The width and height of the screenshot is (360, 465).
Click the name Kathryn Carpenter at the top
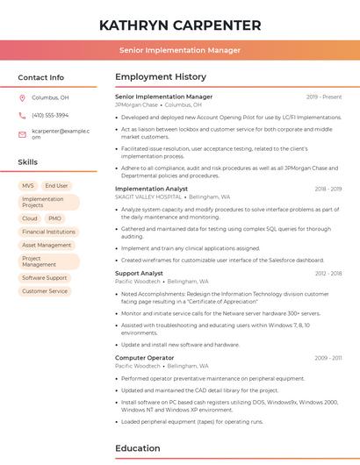[x=180, y=25]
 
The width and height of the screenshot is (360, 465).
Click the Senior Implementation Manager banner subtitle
[x=180, y=50]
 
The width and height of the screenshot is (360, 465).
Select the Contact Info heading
[x=41, y=77]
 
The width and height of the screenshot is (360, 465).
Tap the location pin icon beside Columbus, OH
[x=23, y=98]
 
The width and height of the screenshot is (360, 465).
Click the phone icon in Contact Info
[x=23, y=115]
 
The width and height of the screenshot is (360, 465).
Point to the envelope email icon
[x=23, y=134]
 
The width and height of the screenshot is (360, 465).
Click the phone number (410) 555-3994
[x=50, y=115]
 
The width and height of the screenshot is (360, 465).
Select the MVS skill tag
[x=28, y=186]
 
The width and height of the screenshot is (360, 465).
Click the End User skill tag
[x=56, y=186]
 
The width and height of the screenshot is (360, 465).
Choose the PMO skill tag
[x=54, y=218]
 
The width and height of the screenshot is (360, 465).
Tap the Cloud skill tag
[x=30, y=218]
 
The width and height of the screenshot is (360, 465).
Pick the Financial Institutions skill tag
[x=48, y=232]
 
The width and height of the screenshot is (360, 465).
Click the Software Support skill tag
[x=45, y=278]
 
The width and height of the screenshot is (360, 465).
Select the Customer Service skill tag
[x=45, y=291]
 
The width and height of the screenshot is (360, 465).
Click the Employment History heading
[x=161, y=77]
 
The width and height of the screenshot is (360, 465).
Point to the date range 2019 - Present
[x=324, y=97]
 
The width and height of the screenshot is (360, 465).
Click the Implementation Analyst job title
[x=151, y=189]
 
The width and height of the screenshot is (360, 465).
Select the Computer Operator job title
[x=144, y=358]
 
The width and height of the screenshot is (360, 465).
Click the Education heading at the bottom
[x=139, y=448]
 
